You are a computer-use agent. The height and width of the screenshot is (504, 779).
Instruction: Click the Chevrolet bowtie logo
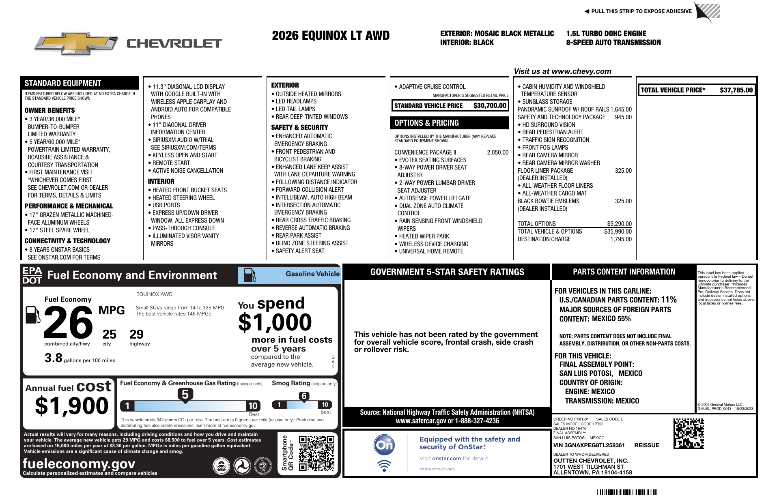coord(76,43)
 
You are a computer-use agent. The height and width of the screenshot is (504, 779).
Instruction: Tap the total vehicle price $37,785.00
coord(736,90)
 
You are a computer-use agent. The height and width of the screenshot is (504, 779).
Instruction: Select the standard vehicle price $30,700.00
coord(490,105)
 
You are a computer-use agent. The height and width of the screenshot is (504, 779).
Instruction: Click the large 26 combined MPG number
coord(68,322)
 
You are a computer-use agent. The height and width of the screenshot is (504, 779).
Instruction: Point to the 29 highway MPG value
coord(136,335)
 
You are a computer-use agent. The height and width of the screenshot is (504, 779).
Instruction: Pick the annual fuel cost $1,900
coord(72,405)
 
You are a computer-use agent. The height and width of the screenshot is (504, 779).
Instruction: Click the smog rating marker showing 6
coord(304,396)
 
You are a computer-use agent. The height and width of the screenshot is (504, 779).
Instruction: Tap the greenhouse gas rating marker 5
coord(185,395)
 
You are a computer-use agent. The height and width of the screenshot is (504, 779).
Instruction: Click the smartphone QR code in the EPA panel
coord(316,453)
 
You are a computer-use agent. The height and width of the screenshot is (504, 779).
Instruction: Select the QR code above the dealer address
coord(689,433)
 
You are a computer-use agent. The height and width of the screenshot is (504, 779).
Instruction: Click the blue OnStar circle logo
coord(384,445)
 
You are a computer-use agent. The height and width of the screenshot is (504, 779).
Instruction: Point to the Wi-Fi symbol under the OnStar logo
coord(384,465)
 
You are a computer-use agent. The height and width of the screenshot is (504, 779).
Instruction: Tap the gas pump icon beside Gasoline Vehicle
coord(250,275)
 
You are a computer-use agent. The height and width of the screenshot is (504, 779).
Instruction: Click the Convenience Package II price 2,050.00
coord(497,152)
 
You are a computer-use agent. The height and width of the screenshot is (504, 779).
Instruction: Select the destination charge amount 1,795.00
coord(621,239)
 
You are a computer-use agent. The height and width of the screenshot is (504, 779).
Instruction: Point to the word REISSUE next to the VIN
coord(646,445)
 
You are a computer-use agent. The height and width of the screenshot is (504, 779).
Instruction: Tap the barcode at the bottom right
coord(627,492)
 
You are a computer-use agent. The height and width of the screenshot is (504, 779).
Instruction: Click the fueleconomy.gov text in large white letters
coord(79,463)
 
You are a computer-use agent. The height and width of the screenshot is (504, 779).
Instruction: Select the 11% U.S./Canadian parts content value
coord(669,300)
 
